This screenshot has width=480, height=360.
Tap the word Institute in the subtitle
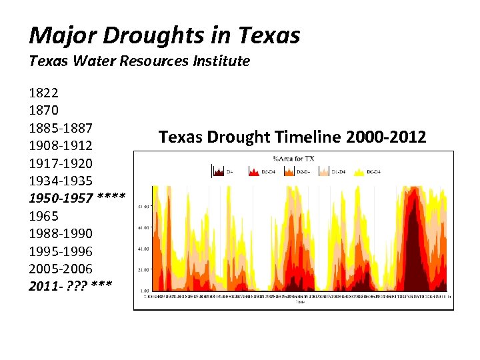[x=221, y=61]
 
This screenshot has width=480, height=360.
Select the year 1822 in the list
[x=44, y=92]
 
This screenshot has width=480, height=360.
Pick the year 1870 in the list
[x=44, y=109]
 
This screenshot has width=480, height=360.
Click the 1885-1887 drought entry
[x=61, y=127]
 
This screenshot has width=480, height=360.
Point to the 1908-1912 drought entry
[x=61, y=145]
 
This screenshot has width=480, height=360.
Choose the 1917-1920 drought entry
[x=61, y=163]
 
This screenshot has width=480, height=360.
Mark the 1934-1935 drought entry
[x=61, y=181]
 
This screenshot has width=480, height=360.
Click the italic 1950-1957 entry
[x=61, y=198]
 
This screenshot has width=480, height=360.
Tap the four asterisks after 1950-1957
[x=111, y=198]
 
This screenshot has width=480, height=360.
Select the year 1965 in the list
[x=44, y=216]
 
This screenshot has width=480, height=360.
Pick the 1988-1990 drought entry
[x=61, y=233]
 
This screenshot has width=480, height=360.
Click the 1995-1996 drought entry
[x=61, y=251]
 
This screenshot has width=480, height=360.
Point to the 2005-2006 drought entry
[x=61, y=269]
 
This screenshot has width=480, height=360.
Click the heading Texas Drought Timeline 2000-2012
[x=292, y=137]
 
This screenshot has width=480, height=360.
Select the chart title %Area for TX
[x=294, y=158]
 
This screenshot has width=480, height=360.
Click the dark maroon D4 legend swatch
[x=218, y=171]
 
